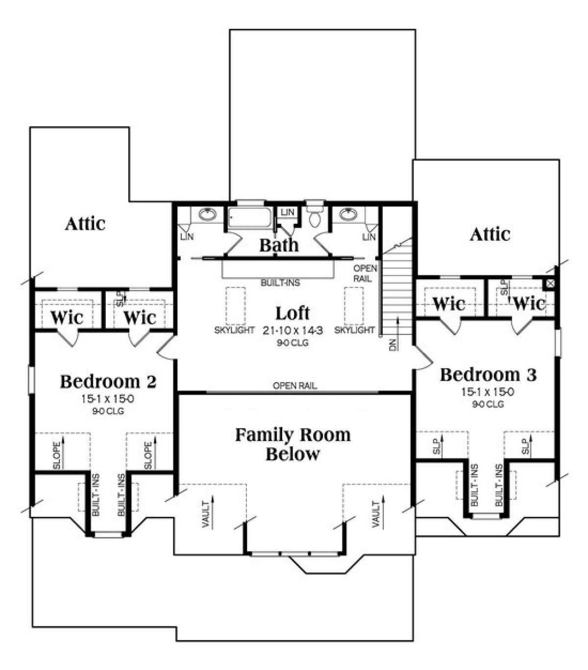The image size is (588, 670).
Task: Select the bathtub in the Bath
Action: (250, 218)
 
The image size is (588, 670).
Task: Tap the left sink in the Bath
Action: (208, 214)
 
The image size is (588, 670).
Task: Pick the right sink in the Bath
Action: (349, 214)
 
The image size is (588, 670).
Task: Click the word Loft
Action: (292, 313)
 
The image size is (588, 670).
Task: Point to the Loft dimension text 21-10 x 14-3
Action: (292, 331)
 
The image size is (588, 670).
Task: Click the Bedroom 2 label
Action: (108, 381)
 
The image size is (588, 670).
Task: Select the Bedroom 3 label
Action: (488, 375)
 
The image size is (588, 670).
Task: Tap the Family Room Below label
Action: (293, 444)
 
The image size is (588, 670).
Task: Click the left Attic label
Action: (85, 224)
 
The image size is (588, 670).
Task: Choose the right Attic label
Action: (490, 234)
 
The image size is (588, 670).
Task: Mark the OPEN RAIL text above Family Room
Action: (294, 386)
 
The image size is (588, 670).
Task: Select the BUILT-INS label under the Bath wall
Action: (280, 283)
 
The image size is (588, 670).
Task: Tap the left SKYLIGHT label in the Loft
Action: (234, 331)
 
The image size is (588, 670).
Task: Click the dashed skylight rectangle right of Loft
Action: (353, 305)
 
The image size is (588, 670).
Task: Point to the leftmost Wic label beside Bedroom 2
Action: (67, 317)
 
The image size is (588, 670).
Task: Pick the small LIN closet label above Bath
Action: (288, 212)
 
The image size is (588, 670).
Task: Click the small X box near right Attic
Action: (550, 283)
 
